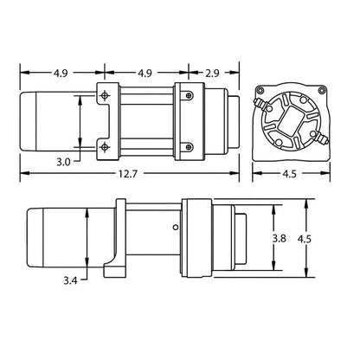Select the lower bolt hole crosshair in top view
[x=105, y=148]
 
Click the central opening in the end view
[x=294, y=121]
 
